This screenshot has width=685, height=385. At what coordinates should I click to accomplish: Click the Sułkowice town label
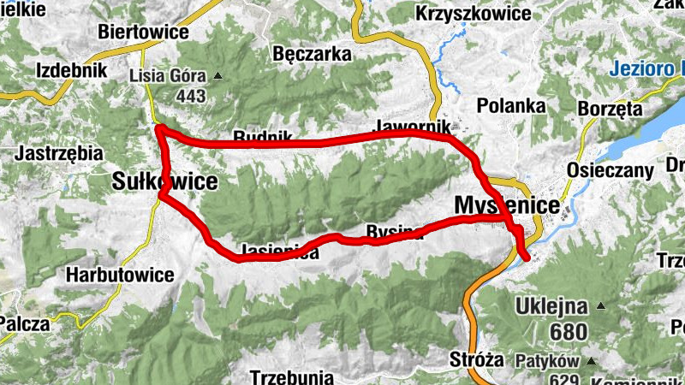(x=164, y=181)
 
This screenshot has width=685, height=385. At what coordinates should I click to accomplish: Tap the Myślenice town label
(x=508, y=205)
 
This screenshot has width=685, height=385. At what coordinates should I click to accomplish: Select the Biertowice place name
(x=144, y=32)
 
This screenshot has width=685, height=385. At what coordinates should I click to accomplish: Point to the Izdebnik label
(x=71, y=70)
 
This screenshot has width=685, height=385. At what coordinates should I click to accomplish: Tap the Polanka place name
(x=511, y=106)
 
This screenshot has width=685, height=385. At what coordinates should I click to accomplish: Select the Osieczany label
(x=609, y=170)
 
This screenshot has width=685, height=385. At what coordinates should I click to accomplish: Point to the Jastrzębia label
(x=59, y=154)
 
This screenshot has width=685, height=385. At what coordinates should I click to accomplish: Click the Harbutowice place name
(x=119, y=275)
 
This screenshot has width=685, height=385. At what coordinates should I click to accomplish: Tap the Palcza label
(x=25, y=323)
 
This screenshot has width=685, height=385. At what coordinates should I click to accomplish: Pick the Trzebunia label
(x=291, y=376)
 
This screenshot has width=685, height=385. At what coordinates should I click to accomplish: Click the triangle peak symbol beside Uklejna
(x=601, y=305)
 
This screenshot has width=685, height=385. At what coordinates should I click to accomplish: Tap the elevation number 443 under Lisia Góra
(x=190, y=96)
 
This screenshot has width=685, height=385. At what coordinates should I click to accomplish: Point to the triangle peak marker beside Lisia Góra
(x=217, y=75)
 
